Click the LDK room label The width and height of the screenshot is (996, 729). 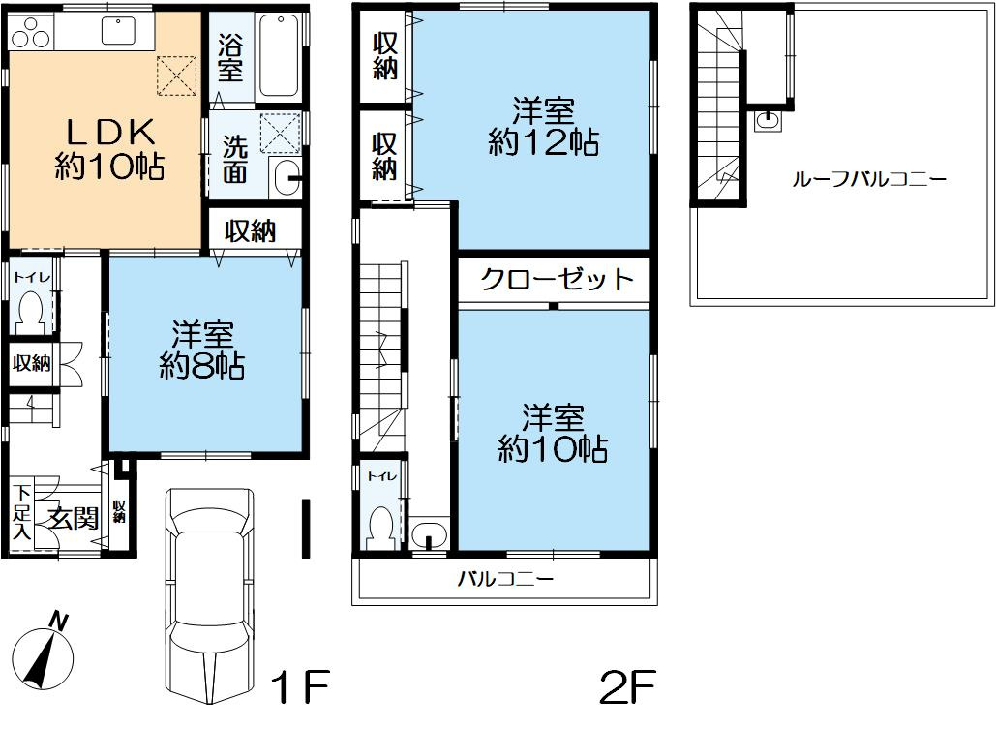pos(107,148)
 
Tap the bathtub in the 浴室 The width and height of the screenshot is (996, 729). pos(279,55)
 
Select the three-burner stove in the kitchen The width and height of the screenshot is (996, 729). pos(29,36)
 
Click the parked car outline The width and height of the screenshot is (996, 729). pos(207,590)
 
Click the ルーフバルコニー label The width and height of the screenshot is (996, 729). pos(868,179)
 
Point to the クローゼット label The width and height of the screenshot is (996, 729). pos(557,281)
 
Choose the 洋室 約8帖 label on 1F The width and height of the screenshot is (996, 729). pos(203,350)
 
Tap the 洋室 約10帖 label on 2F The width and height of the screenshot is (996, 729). pos(553,433)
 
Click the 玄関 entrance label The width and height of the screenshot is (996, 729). pos(74,519)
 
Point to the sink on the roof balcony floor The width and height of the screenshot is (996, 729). pos(768,120)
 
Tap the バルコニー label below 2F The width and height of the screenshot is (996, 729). pos(504,580)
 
